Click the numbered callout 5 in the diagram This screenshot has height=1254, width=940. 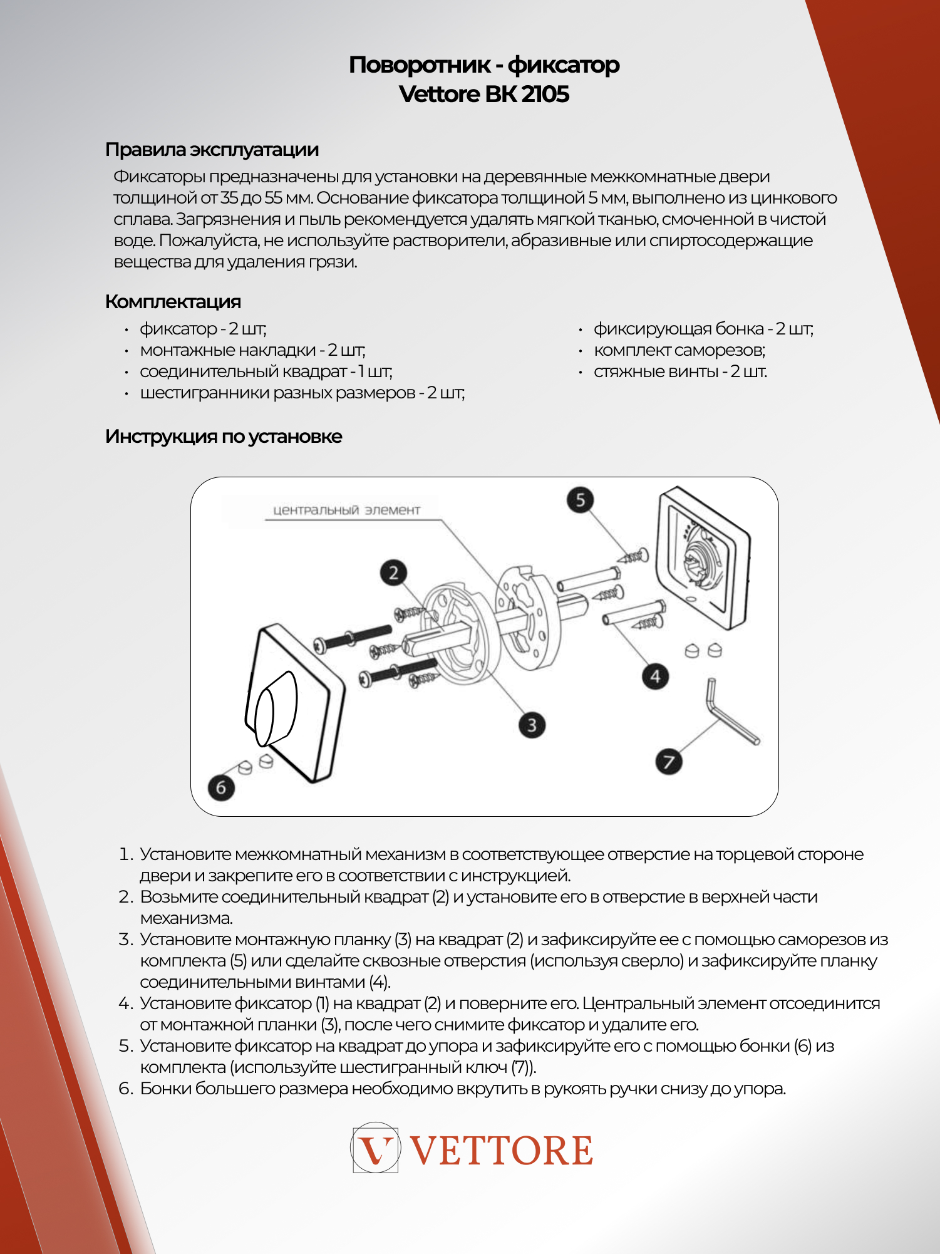[x=581, y=500]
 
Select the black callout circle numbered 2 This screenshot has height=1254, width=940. [x=393, y=573]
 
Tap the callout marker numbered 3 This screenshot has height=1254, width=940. [x=532, y=725]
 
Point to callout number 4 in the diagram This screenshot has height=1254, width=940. [x=655, y=676]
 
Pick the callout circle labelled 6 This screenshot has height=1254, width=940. [x=221, y=787]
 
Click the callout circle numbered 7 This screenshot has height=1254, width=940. [x=668, y=761]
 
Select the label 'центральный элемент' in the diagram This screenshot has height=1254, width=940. [x=346, y=510]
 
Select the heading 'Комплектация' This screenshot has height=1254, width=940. [x=173, y=301]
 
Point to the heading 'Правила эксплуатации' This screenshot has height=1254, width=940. [x=212, y=150]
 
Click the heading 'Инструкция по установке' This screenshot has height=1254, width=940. [x=224, y=436]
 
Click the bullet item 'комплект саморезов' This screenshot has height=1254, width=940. [x=679, y=350]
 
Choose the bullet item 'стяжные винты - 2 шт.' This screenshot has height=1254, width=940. [x=680, y=371]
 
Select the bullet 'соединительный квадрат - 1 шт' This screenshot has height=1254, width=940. [x=266, y=371]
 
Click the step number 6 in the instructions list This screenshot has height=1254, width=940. [x=125, y=1089]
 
